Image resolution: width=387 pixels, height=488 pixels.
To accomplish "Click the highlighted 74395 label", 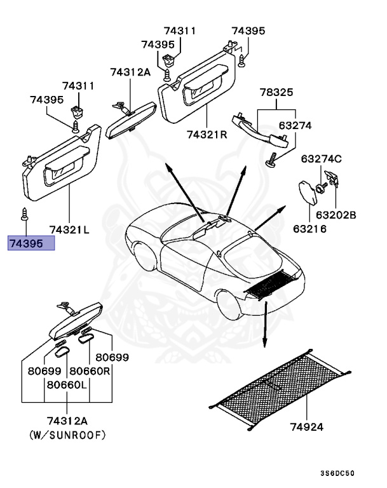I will pos(31,243).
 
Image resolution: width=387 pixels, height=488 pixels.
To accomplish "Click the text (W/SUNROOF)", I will pos(67,435).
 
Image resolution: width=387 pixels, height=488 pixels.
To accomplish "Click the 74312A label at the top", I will pos(130,72).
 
